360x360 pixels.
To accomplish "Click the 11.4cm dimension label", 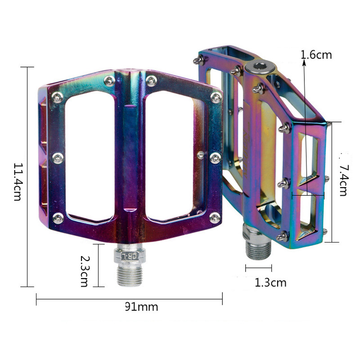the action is tap(18, 182).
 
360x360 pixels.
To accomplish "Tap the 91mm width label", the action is tap(141, 307).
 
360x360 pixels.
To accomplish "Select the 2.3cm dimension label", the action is tap(84, 271).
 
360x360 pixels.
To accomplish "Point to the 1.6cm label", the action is tap(316, 55).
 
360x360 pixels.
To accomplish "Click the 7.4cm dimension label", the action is tap(343, 181).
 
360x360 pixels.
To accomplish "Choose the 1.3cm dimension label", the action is tap(271, 283).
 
